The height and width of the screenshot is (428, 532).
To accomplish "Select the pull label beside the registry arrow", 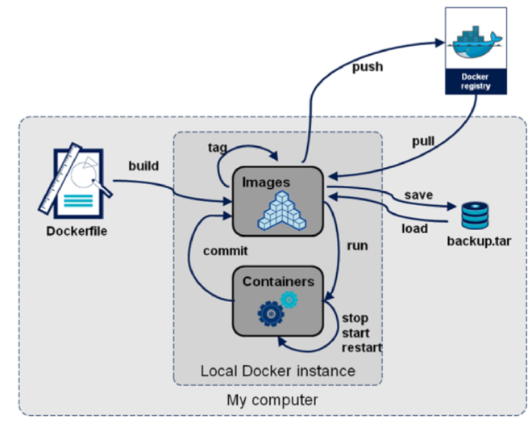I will tap(423, 141).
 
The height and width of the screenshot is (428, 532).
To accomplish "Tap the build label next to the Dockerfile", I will tap(143, 166).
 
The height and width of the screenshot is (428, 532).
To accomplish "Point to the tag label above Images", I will tap(218, 148).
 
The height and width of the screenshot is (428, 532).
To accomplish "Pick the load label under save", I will tap(414, 228).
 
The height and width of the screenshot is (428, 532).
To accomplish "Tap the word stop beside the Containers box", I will tap(355, 317).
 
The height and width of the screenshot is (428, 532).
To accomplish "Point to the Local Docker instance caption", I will tap(277, 371).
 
